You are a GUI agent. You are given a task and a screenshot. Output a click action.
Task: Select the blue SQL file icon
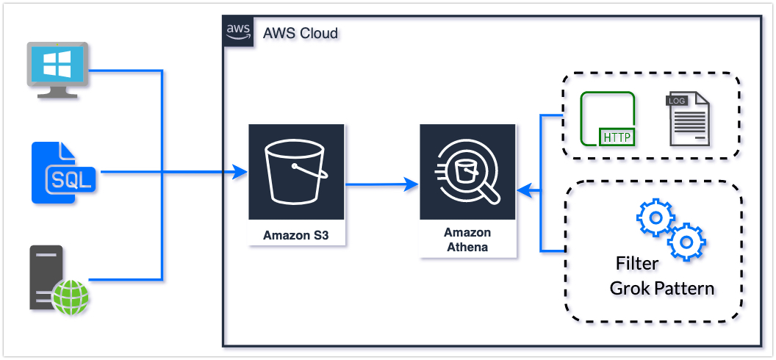pyautogui.click(x=65, y=173)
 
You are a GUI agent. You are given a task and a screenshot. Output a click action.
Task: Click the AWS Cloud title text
pyautogui.click(x=299, y=33)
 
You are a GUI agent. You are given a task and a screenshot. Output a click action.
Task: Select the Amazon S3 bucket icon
pyautogui.click(x=296, y=172)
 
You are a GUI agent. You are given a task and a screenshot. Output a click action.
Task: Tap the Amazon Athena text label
pyautogui.click(x=467, y=240)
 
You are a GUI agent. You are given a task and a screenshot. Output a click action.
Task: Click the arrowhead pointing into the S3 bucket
pyautogui.click(x=240, y=173)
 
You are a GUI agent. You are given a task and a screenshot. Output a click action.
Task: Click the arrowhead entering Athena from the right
pyautogui.click(x=524, y=191)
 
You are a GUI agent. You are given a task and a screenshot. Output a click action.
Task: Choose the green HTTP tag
pyautogui.click(x=618, y=137)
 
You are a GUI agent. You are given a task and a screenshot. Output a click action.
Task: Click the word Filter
pyautogui.click(x=637, y=263)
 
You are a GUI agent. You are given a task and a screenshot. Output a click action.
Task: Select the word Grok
pyautogui.click(x=629, y=288)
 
